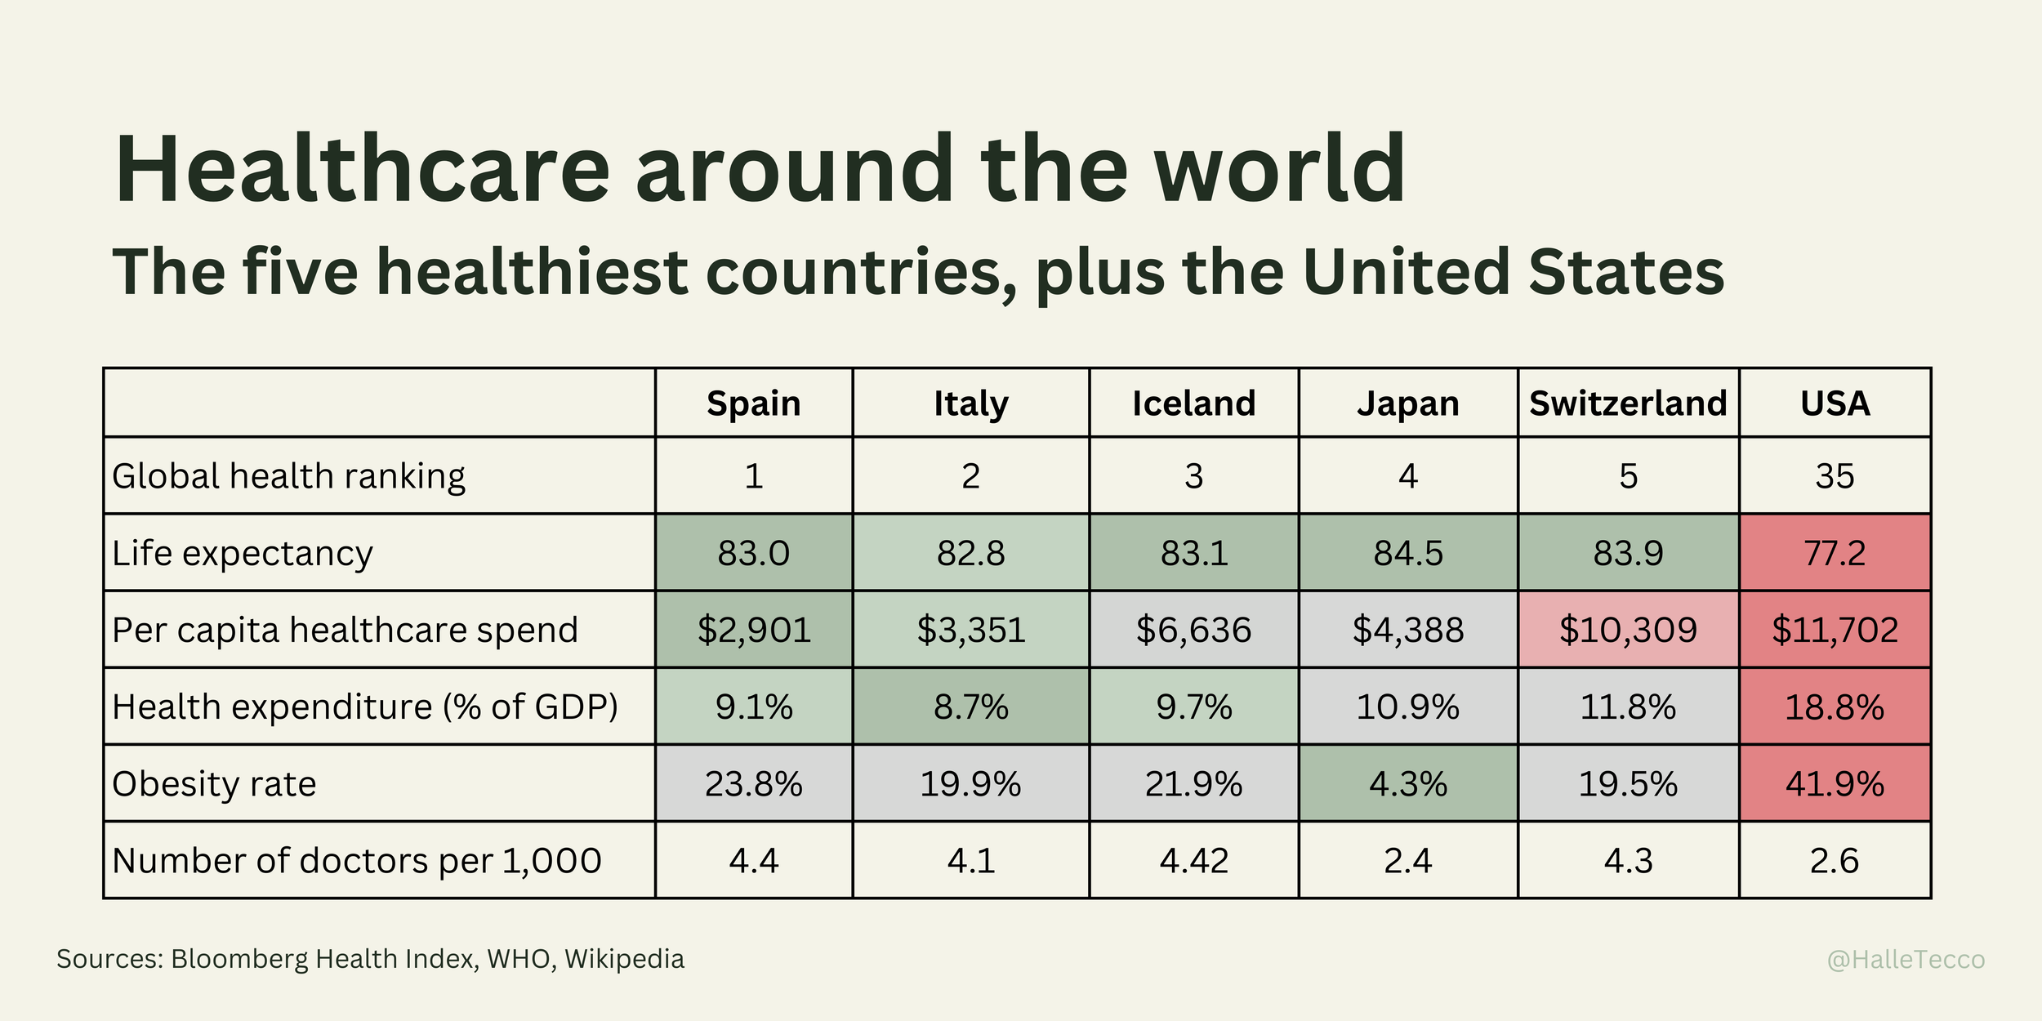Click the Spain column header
click(x=753, y=403)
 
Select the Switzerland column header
click(x=1628, y=403)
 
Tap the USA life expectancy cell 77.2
click(x=1835, y=553)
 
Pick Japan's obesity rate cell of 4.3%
click(x=1408, y=784)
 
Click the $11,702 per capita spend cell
click(x=1835, y=630)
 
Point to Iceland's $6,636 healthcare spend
click(x=1193, y=630)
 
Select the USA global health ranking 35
click(x=1835, y=476)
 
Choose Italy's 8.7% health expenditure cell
click(x=970, y=707)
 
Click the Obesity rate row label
click(x=214, y=784)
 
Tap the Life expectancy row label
click(x=242, y=553)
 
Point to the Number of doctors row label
click(x=356, y=861)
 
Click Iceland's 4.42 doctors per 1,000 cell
click(x=1193, y=861)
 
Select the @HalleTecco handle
click(x=1906, y=960)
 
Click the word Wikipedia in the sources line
click(x=624, y=959)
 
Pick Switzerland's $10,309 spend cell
click(x=1628, y=630)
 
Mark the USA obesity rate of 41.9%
click(x=1835, y=784)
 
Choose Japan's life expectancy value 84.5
click(x=1408, y=553)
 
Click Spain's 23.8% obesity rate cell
click(x=753, y=784)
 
